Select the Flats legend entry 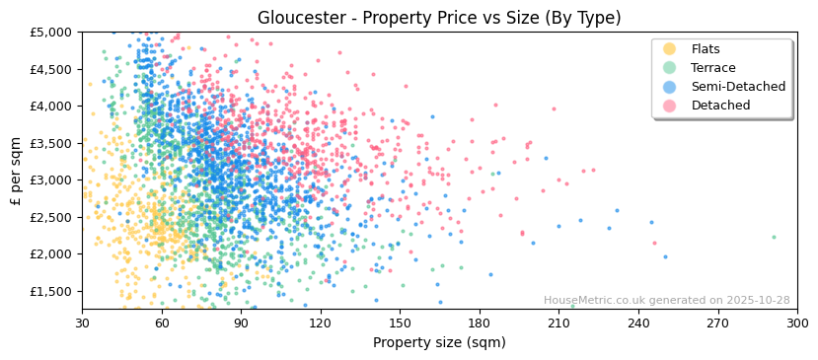(x=706, y=49)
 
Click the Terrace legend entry (x=712, y=68)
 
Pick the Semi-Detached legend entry (x=738, y=87)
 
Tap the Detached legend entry (x=720, y=106)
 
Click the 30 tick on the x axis (x=82, y=323)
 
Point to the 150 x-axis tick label (x=400, y=323)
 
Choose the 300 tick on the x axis (x=797, y=323)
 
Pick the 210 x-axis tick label (x=558, y=323)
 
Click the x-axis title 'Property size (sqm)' (x=439, y=343)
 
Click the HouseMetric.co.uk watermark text (x=666, y=301)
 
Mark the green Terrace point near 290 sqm (x=774, y=237)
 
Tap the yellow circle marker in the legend (x=669, y=49)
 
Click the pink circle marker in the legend (x=669, y=106)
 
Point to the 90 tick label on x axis (x=241, y=323)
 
